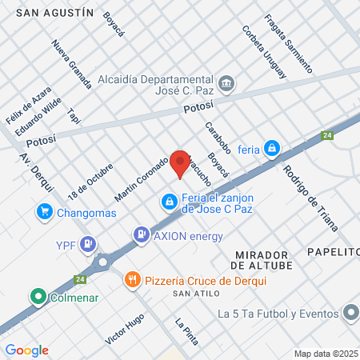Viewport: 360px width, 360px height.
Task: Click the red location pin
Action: pyautogui.click(x=180, y=162)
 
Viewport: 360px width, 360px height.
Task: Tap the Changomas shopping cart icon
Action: pyautogui.click(x=45, y=212)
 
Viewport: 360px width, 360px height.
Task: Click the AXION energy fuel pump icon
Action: pyautogui.click(x=141, y=235)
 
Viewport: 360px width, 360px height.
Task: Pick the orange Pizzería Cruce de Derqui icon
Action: pyautogui.click(x=133, y=280)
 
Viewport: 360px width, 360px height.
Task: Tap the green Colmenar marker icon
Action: pyautogui.click(x=38, y=298)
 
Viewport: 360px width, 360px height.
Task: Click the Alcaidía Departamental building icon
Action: pyautogui.click(x=226, y=83)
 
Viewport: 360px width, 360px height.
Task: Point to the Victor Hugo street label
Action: pyautogui.click(x=124, y=329)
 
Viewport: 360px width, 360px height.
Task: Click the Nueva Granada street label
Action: pyautogui.click(x=71, y=64)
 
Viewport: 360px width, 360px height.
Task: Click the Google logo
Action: pyautogui.click(x=26, y=350)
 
